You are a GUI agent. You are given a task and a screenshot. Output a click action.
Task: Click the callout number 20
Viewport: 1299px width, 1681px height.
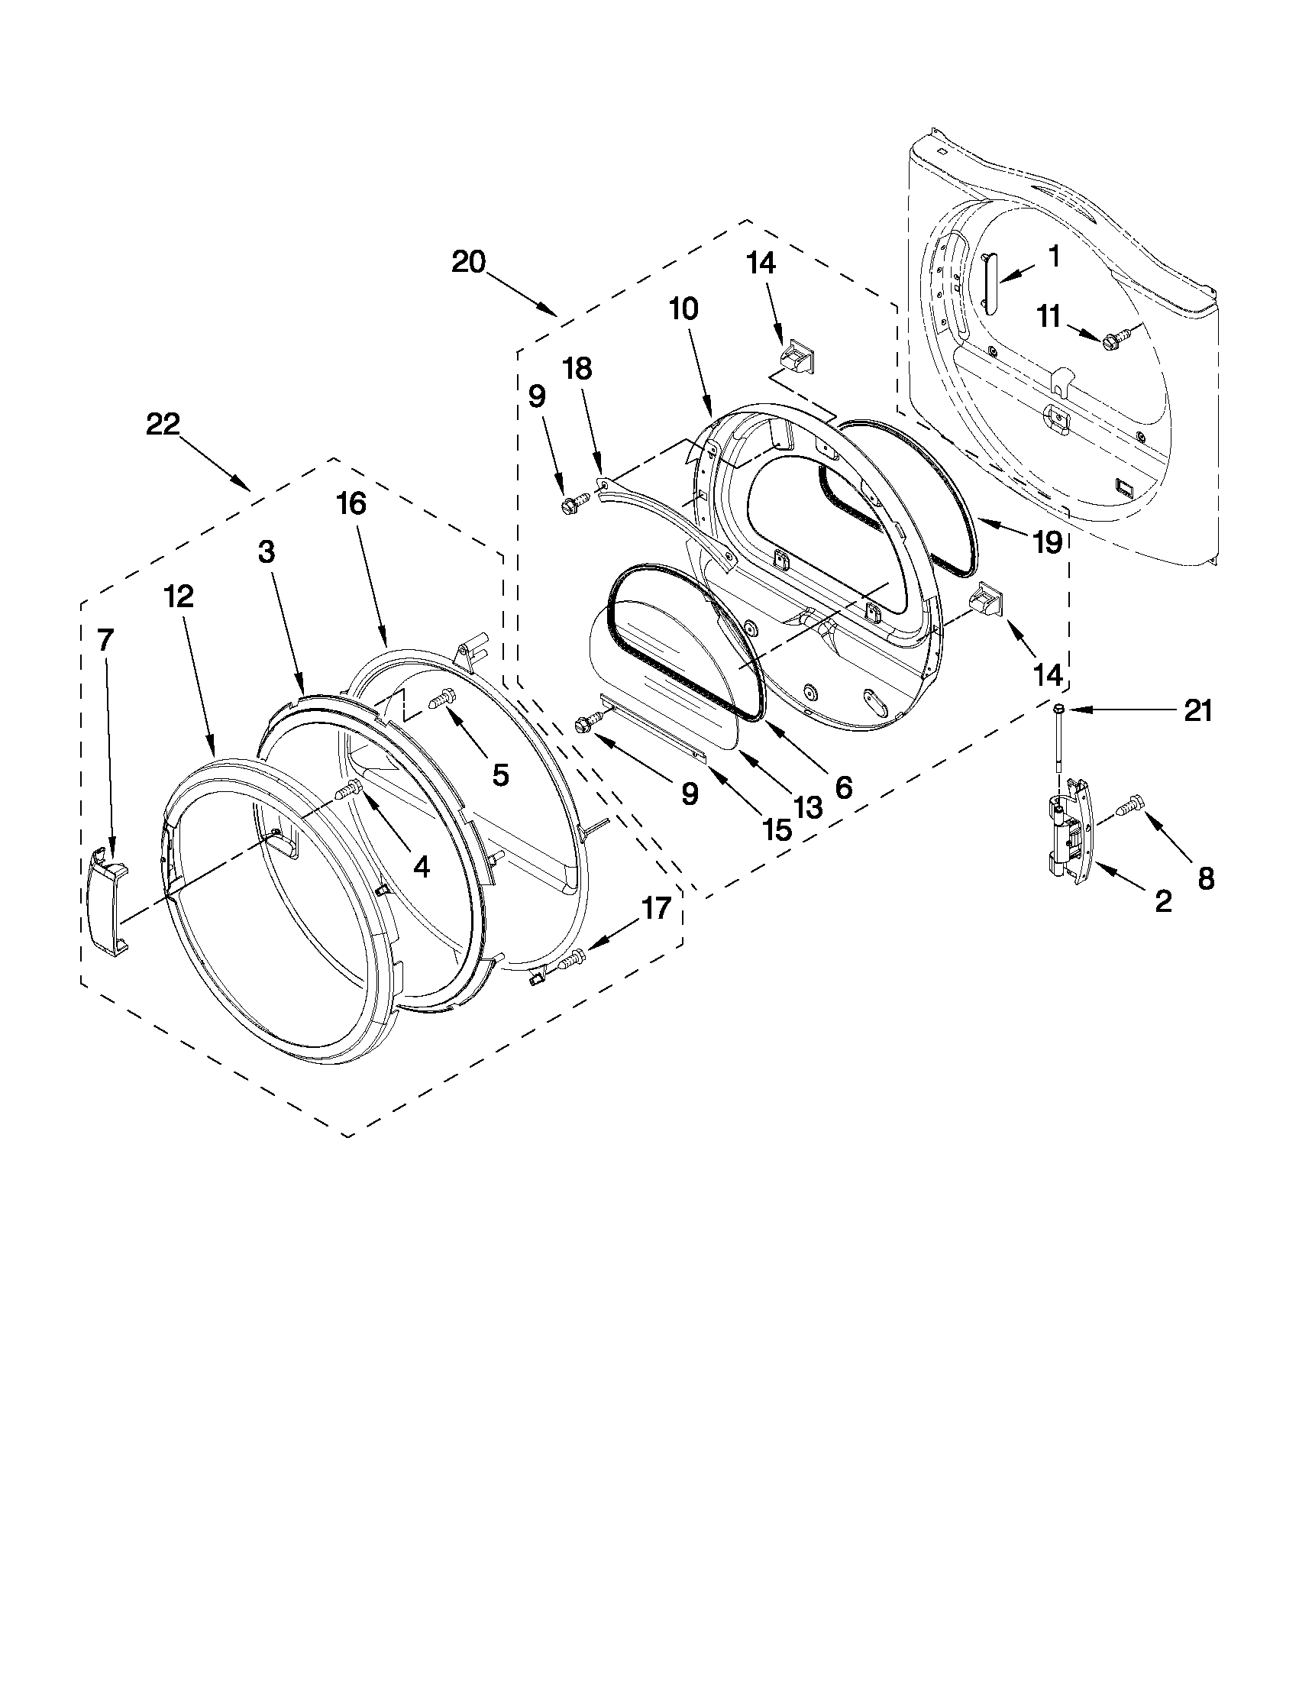point(469,263)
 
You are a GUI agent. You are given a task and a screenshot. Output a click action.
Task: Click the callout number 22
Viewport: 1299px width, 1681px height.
point(163,424)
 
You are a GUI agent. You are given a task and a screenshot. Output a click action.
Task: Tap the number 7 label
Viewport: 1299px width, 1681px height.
point(105,638)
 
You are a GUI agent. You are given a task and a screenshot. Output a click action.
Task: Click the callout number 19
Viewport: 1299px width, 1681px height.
point(1047,542)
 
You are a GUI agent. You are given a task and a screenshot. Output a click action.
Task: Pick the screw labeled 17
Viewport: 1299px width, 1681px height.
point(572,959)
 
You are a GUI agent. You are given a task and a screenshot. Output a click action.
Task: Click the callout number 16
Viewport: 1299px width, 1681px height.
point(351,504)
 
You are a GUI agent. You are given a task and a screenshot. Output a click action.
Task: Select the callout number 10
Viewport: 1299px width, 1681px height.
point(683,309)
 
